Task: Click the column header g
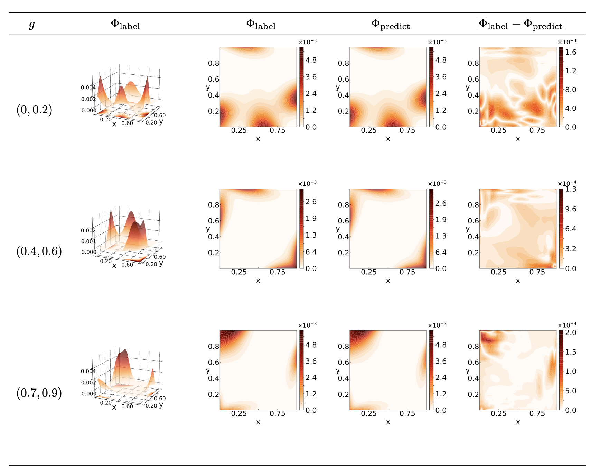pyautogui.click(x=32, y=25)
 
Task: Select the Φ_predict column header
pyautogui.click(x=391, y=25)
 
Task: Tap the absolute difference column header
pyautogui.click(x=521, y=25)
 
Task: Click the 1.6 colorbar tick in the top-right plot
pyautogui.click(x=571, y=52)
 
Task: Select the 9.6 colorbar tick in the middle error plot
pyautogui.click(x=571, y=209)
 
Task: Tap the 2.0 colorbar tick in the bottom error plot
pyautogui.click(x=571, y=333)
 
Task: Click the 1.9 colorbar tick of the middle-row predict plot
pyautogui.click(x=441, y=220)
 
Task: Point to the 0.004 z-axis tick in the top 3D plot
pyautogui.click(x=88, y=88)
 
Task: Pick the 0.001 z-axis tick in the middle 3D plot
pyautogui.click(x=88, y=241)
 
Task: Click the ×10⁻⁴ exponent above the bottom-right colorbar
pyautogui.click(x=567, y=325)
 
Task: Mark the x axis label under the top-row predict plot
pyautogui.click(x=388, y=139)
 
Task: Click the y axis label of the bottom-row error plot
pyautogui.click(x=468, y=370)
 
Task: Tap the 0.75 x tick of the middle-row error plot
pyautogui.click(x=537, y=272)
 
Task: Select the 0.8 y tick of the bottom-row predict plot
pyautogui.click(x=343, y=346)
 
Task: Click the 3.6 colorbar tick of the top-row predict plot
pyautogui.click(x=441, y=77)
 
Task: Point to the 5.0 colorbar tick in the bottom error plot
pyautogui.click(x=571, y=391)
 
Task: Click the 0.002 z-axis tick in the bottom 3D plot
pyautogui.click(x=88, y=383)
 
